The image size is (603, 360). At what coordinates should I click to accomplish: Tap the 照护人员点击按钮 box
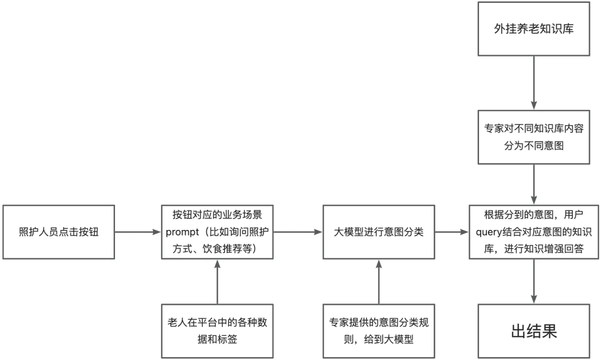coord(58,232)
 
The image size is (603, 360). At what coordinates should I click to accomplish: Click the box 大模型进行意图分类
coord(379,232)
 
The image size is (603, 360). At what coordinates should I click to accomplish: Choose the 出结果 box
coord(534,331)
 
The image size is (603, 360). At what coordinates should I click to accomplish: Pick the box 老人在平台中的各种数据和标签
coord(217,331)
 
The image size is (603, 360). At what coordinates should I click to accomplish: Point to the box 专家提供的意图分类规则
coord(379,331)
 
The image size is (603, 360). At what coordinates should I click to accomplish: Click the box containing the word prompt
coord(217,232)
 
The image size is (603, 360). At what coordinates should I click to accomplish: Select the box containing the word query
coord(534,232)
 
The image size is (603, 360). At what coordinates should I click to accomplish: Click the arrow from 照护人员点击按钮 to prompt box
coord(137,232)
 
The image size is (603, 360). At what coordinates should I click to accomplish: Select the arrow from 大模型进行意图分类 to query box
coord(452,232)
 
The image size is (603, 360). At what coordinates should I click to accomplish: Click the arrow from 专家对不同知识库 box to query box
coord(534,185)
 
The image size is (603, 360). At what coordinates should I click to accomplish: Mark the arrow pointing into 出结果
coord(534,281)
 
